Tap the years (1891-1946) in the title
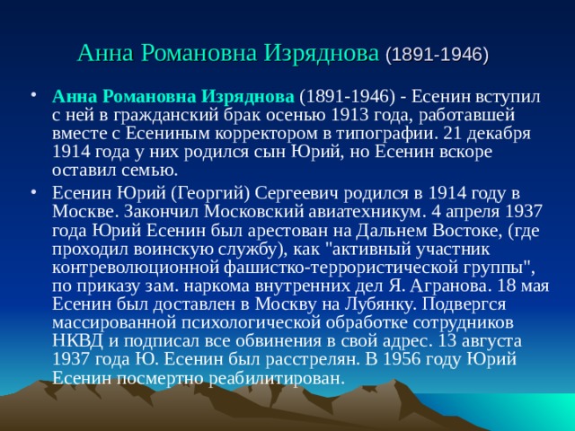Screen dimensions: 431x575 [437, 54]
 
